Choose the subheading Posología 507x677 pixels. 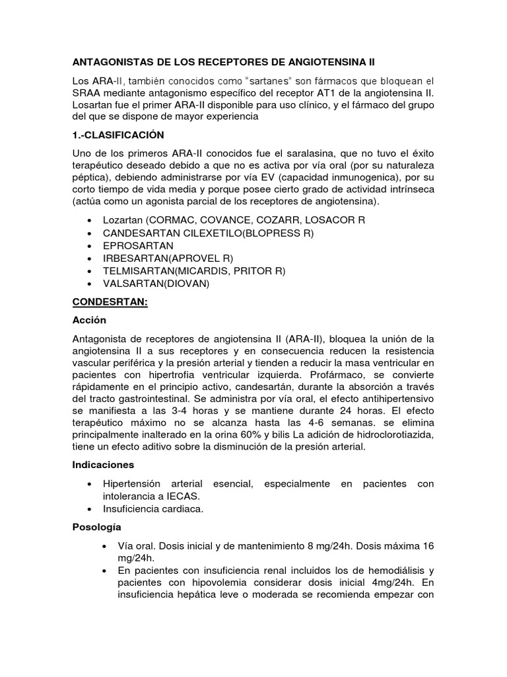[96, 528]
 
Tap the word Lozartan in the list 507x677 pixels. [123, 219]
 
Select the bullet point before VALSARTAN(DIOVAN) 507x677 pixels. [90, 284]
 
